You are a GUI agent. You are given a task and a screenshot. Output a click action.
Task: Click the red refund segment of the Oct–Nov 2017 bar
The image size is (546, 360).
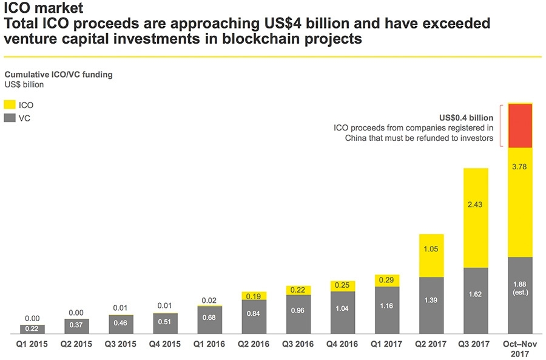(x=520, y=126)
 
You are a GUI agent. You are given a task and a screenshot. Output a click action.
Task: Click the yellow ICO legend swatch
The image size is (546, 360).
(x=10, y=105)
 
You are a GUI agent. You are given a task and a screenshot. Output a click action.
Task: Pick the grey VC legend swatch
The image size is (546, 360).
(x=10, y=118)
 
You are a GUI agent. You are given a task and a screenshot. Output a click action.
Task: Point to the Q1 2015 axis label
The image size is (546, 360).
(x=32, y=344)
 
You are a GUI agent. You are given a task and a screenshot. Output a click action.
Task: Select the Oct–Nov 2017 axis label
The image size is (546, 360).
(x=520, y=348)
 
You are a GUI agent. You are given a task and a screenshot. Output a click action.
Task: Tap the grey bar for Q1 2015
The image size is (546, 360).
(x=32, y=329)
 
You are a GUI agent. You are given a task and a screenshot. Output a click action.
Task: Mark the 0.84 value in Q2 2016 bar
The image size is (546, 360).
(x=254, y=314)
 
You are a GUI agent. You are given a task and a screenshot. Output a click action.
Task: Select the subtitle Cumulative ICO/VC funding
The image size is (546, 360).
(x=58, y=75)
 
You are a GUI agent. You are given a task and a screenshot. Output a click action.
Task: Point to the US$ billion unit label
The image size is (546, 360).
(x=24, y=84)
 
